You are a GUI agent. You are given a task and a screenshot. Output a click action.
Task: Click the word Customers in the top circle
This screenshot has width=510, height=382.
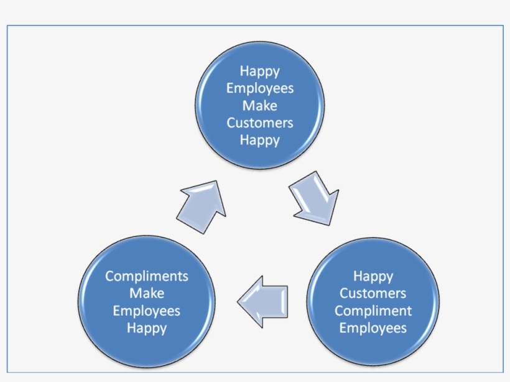click(x=260, y=123)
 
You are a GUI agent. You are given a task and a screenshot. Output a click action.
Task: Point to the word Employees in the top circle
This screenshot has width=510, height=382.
click(x=260, y=88)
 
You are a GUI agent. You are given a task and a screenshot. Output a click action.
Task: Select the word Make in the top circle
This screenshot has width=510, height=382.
click(x=260, y=105)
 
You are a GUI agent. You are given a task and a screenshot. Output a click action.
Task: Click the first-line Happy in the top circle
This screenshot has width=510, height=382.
click(x=260, y=71)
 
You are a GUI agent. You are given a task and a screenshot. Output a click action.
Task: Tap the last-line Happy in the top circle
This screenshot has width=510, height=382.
click(x=260, y=139)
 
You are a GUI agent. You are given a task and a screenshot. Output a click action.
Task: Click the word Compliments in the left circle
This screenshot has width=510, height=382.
click(x=147, y=276)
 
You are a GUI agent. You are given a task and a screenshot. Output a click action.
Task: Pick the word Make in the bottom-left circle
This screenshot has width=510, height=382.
click(x=147, y=293)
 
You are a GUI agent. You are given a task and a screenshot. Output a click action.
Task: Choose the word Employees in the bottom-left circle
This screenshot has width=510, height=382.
click(x=147, y=310)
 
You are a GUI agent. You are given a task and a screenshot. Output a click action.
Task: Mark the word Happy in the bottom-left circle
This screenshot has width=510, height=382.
click(x=147, y=328)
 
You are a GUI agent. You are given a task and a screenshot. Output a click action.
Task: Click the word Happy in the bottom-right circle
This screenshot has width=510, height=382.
click(x=373, y=276)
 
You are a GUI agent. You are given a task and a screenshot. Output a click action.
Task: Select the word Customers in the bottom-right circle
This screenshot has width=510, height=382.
click(x=373, y=293)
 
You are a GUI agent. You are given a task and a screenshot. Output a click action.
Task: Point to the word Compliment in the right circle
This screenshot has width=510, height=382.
click(x=373, y=310)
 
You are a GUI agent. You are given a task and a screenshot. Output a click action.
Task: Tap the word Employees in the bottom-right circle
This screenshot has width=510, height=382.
click(x=373, y=327)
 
